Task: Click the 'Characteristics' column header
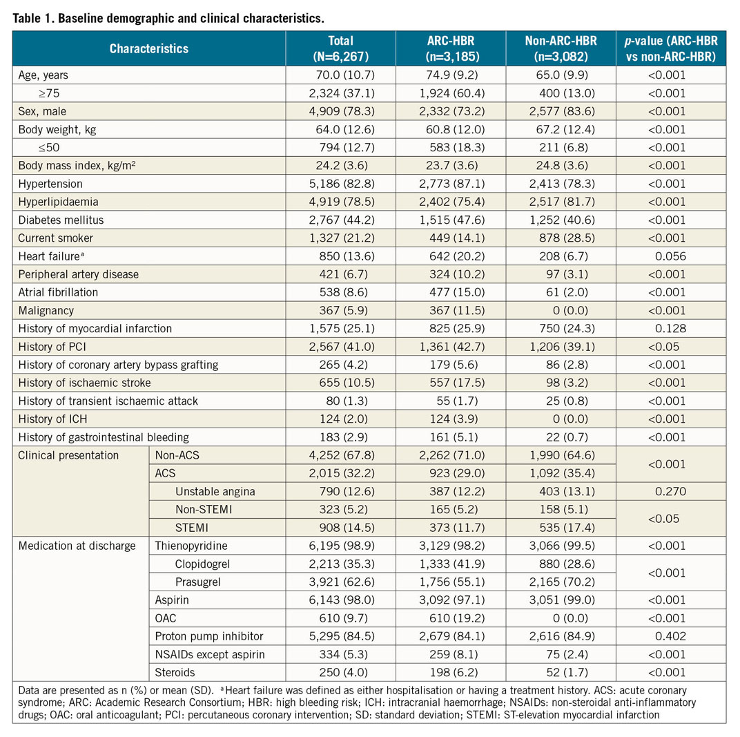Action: [x=149, y=49]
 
